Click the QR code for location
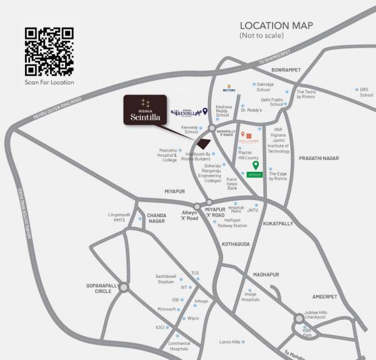(x=49, y=51)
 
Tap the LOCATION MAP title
(x=276, y=26)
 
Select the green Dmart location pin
(x=255, y=166)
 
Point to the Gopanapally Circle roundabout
(x=123, y=288)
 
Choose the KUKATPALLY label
(x=278, y=223)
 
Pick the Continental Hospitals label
(x=179, y=346)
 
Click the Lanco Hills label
(x=230, y=342)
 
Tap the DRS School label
(x=367, y=92)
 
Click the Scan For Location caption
(x=49, y=82)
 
